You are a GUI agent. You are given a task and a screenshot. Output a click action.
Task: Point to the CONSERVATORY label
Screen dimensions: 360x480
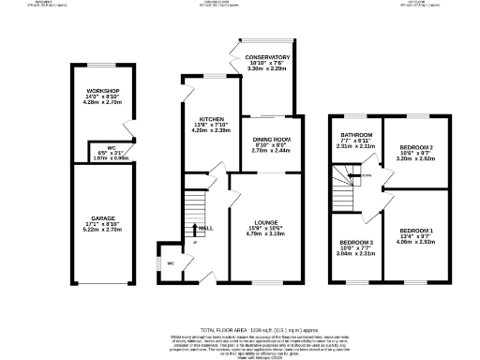[268, 57]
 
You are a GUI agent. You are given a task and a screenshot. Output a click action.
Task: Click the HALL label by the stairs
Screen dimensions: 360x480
[205, 227]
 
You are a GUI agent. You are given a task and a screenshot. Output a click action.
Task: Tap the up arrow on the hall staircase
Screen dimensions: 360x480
[195, 228]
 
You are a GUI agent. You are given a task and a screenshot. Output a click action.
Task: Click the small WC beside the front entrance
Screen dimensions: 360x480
[170, 263]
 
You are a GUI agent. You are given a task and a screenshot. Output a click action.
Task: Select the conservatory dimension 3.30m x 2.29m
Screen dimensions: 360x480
[268, 69]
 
